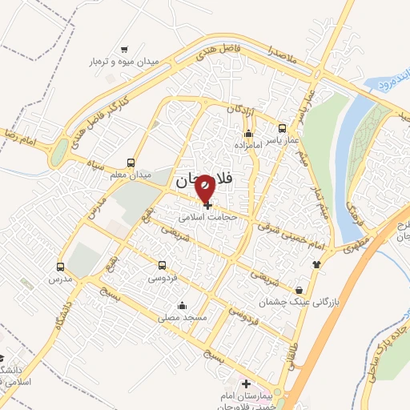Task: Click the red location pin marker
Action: [x=205, y=189]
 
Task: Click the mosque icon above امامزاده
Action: [x=248, y=133]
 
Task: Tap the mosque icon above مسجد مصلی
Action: [x=183, y=305]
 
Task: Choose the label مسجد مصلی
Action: [x=183, y=318]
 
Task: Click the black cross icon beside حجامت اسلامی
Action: [x=208, y=206]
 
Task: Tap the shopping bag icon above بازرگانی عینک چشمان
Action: [x=299, y=289]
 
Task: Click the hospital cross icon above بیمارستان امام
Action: [x=246, y=385]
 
